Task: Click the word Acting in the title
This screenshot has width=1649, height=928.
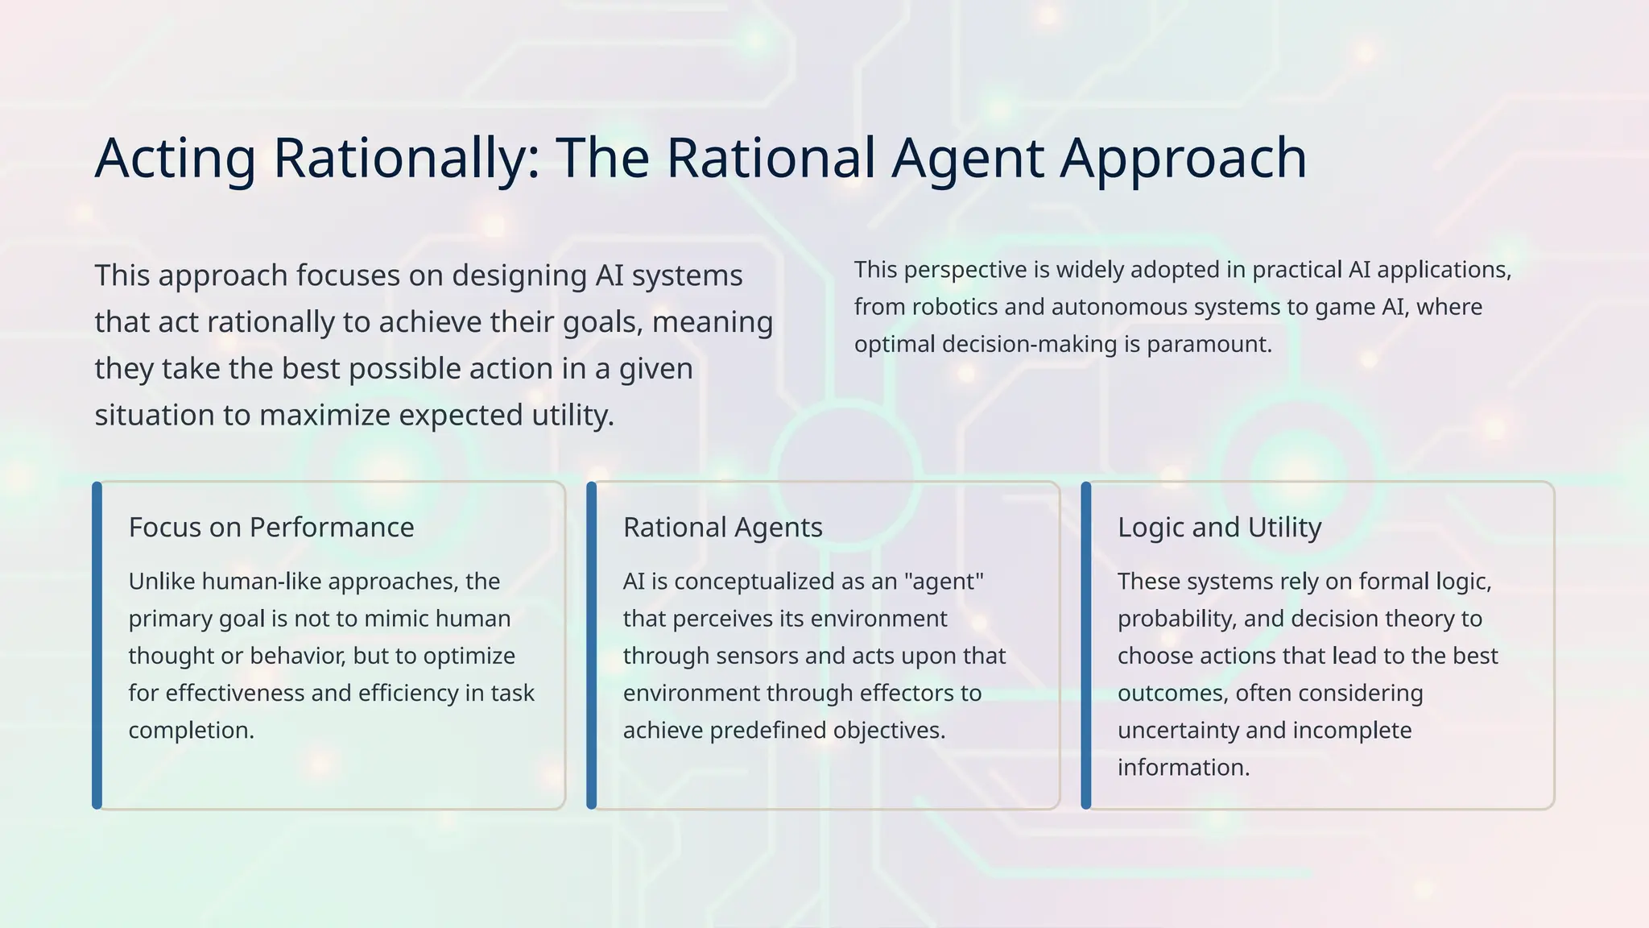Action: click(x=175, y=158)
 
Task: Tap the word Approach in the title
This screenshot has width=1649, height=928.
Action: click(x=1183, y=158)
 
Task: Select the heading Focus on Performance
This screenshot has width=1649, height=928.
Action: click(x=271, y=528)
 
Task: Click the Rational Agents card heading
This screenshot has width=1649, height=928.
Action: click(x=722, y=528)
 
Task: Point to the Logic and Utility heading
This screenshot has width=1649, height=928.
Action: click(x=1219, y=528)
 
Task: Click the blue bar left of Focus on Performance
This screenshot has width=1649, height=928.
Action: click(x=97, y=645)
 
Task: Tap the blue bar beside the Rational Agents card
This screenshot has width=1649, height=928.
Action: click(x=592, y=645)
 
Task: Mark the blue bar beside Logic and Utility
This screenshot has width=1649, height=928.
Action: click(x=1086, y=645)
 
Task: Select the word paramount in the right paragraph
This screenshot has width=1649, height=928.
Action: click(x=1209, y=345)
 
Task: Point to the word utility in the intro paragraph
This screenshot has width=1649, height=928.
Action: click(x=572, y=416)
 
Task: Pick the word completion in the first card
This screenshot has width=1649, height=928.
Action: click(x=191, y=731)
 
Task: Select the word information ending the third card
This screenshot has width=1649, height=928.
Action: click(x=1183, y=768)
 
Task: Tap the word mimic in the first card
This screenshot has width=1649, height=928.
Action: click(x=395, y=619)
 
